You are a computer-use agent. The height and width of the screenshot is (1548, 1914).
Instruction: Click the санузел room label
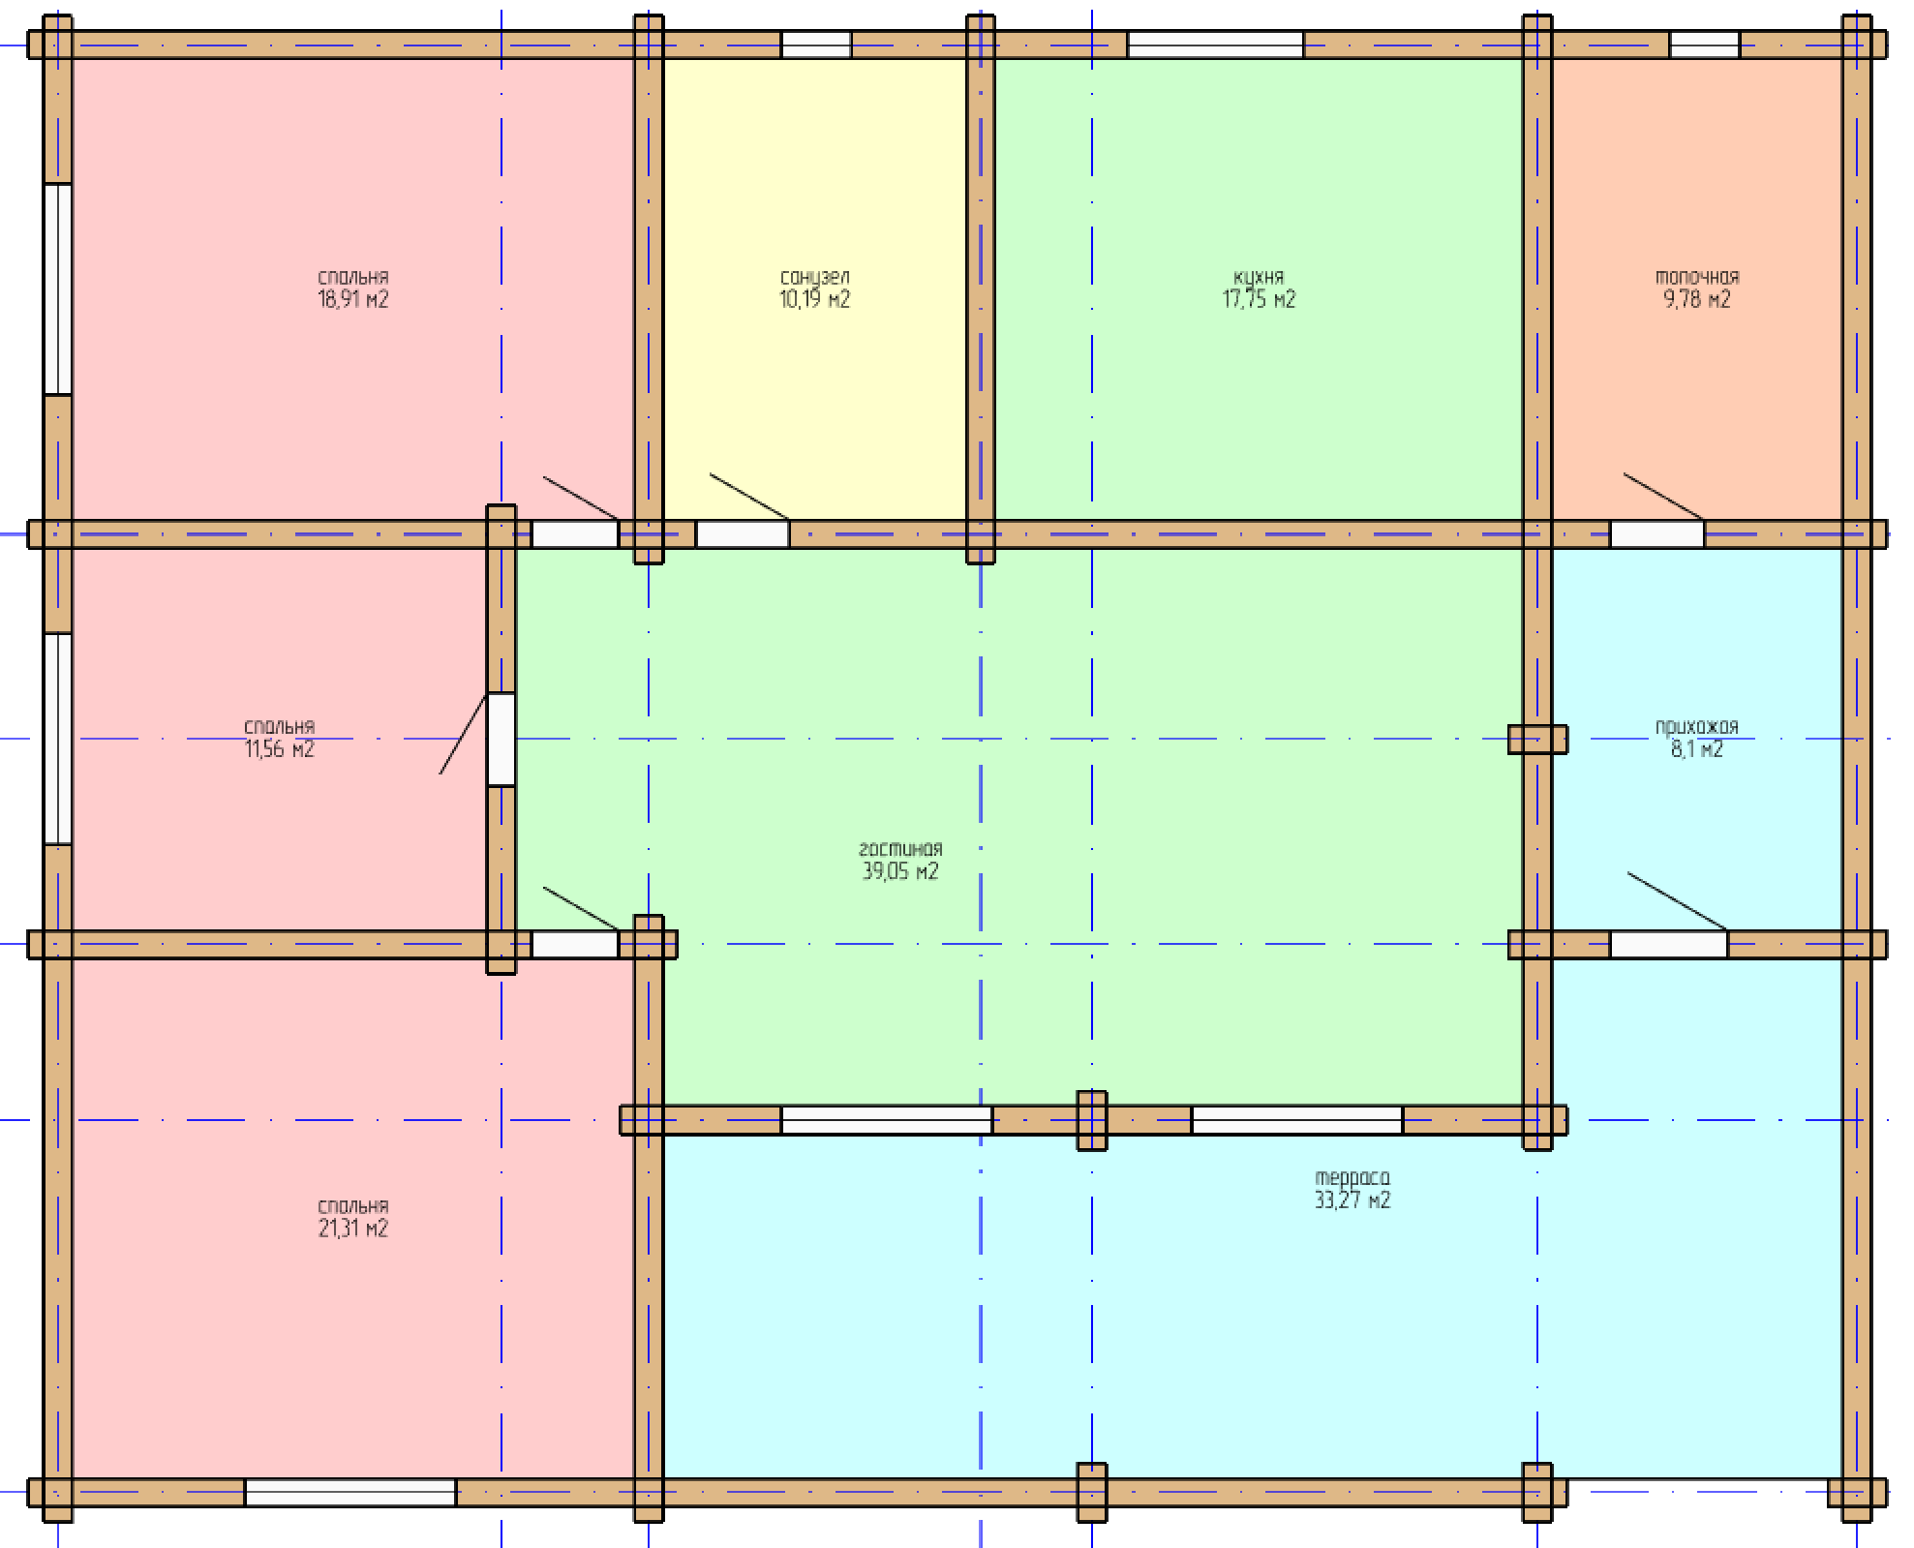(815, 278)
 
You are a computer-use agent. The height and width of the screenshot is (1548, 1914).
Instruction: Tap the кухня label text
(1259, 278)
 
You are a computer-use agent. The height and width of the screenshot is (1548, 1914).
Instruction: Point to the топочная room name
(1697, 278)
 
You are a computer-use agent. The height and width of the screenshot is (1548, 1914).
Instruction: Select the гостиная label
(900, 849)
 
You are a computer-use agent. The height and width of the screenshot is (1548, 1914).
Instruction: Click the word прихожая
(1697, 727)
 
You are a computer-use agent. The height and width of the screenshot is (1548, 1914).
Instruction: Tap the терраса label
(1352, 1178)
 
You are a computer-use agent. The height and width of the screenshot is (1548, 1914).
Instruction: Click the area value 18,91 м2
(353, 299)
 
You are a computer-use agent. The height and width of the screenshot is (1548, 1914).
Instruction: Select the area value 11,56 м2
(280, 749)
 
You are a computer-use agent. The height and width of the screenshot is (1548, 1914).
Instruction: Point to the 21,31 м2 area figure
(353, 1229)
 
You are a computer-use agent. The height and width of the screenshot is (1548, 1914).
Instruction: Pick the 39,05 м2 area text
(900, 871)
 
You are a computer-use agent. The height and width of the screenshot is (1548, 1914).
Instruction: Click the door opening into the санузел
(743, 534)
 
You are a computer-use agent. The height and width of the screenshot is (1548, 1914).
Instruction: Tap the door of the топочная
(1657, 534)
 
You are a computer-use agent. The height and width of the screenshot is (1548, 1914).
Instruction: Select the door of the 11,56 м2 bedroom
(501, 740)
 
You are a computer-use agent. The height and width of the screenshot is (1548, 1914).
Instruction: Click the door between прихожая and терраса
(1669, 945)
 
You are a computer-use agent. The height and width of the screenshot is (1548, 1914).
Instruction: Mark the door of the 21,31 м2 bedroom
(575, 945)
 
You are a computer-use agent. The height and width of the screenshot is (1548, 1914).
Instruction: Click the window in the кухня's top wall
(1215, 45)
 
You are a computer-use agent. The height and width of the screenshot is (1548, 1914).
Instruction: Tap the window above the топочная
(1705, 45)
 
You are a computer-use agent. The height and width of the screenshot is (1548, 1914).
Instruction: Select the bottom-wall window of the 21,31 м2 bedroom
(350, 1493)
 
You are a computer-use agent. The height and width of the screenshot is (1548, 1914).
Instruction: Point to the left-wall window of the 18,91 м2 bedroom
(58, 289)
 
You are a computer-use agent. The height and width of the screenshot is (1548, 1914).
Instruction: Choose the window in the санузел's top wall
(816, 45)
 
